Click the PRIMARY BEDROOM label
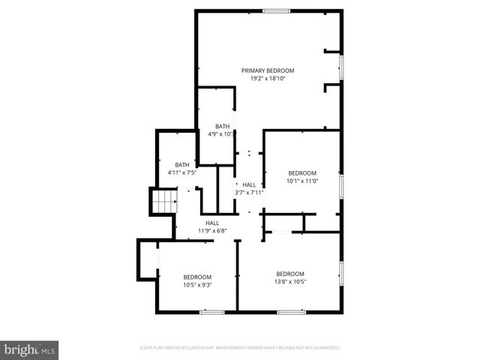point(268,70)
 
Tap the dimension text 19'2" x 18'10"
point(268,78)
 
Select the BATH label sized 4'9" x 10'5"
point(222,126)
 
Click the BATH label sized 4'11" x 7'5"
point(181,165)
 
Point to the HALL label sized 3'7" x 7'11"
point(249,184)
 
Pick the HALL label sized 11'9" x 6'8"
point(212,223)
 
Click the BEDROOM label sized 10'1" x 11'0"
point(302,172)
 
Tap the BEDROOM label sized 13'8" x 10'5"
point(290,274)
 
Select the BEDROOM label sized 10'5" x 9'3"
point(198,277)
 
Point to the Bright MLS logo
point(29,350)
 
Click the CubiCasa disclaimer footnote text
point(240,348)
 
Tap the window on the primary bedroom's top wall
point(276,10)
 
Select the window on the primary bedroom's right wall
point(341,67)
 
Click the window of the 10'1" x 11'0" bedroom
point(341,186)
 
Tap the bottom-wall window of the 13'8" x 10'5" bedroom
point(291,311)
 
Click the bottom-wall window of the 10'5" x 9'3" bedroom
point(212,311)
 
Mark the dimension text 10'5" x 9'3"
point(198,285)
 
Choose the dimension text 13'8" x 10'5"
point(290,282)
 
